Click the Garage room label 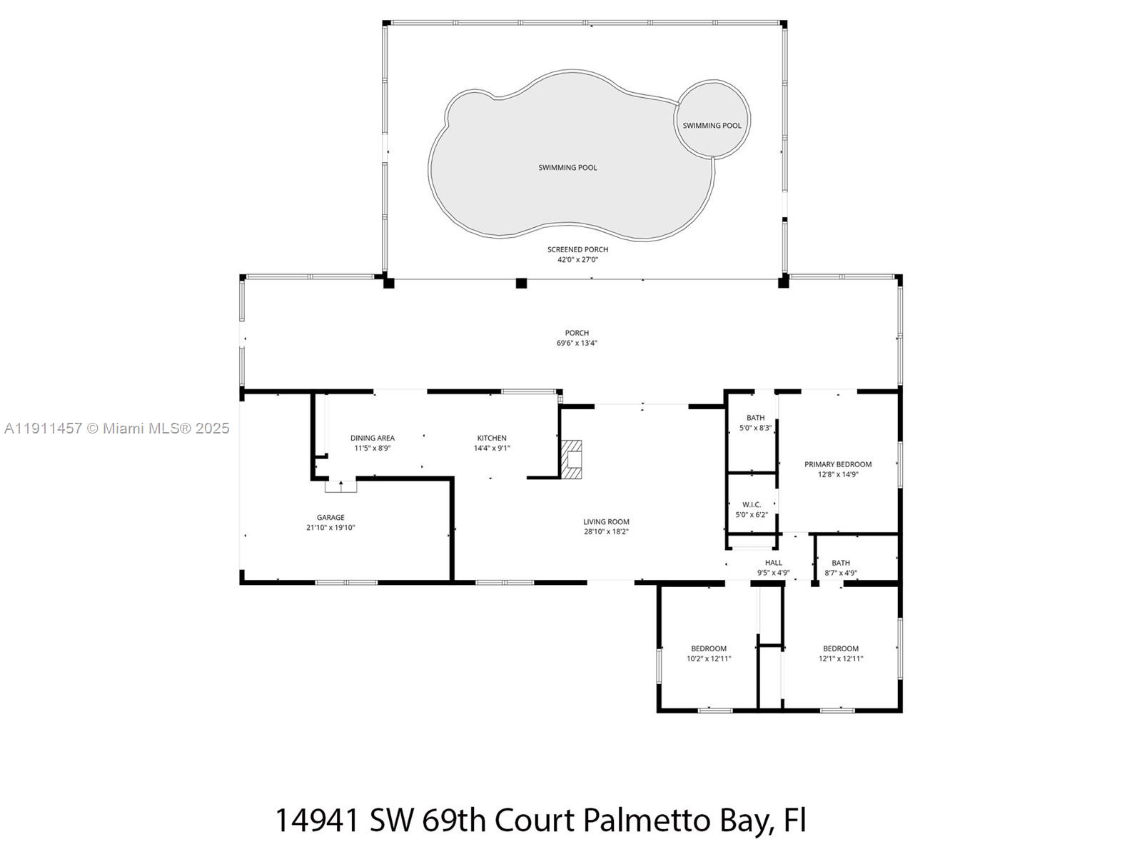point(330,518)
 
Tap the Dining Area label point(372,438)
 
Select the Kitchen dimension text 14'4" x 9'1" point(492,448)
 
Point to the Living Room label point(606,522)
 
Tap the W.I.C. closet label point(751,505)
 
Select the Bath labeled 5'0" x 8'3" point(755,423)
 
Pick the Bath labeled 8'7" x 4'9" point(841,567)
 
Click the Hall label point(773,563)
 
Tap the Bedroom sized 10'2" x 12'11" point(709,653)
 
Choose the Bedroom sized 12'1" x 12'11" point(841,653)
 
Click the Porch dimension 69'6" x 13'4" point(577,343)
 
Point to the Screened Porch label point(577,249)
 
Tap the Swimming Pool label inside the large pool point(567,168)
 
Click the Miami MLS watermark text point(116,428)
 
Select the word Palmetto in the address point(636,821)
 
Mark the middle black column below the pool point(521,283)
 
